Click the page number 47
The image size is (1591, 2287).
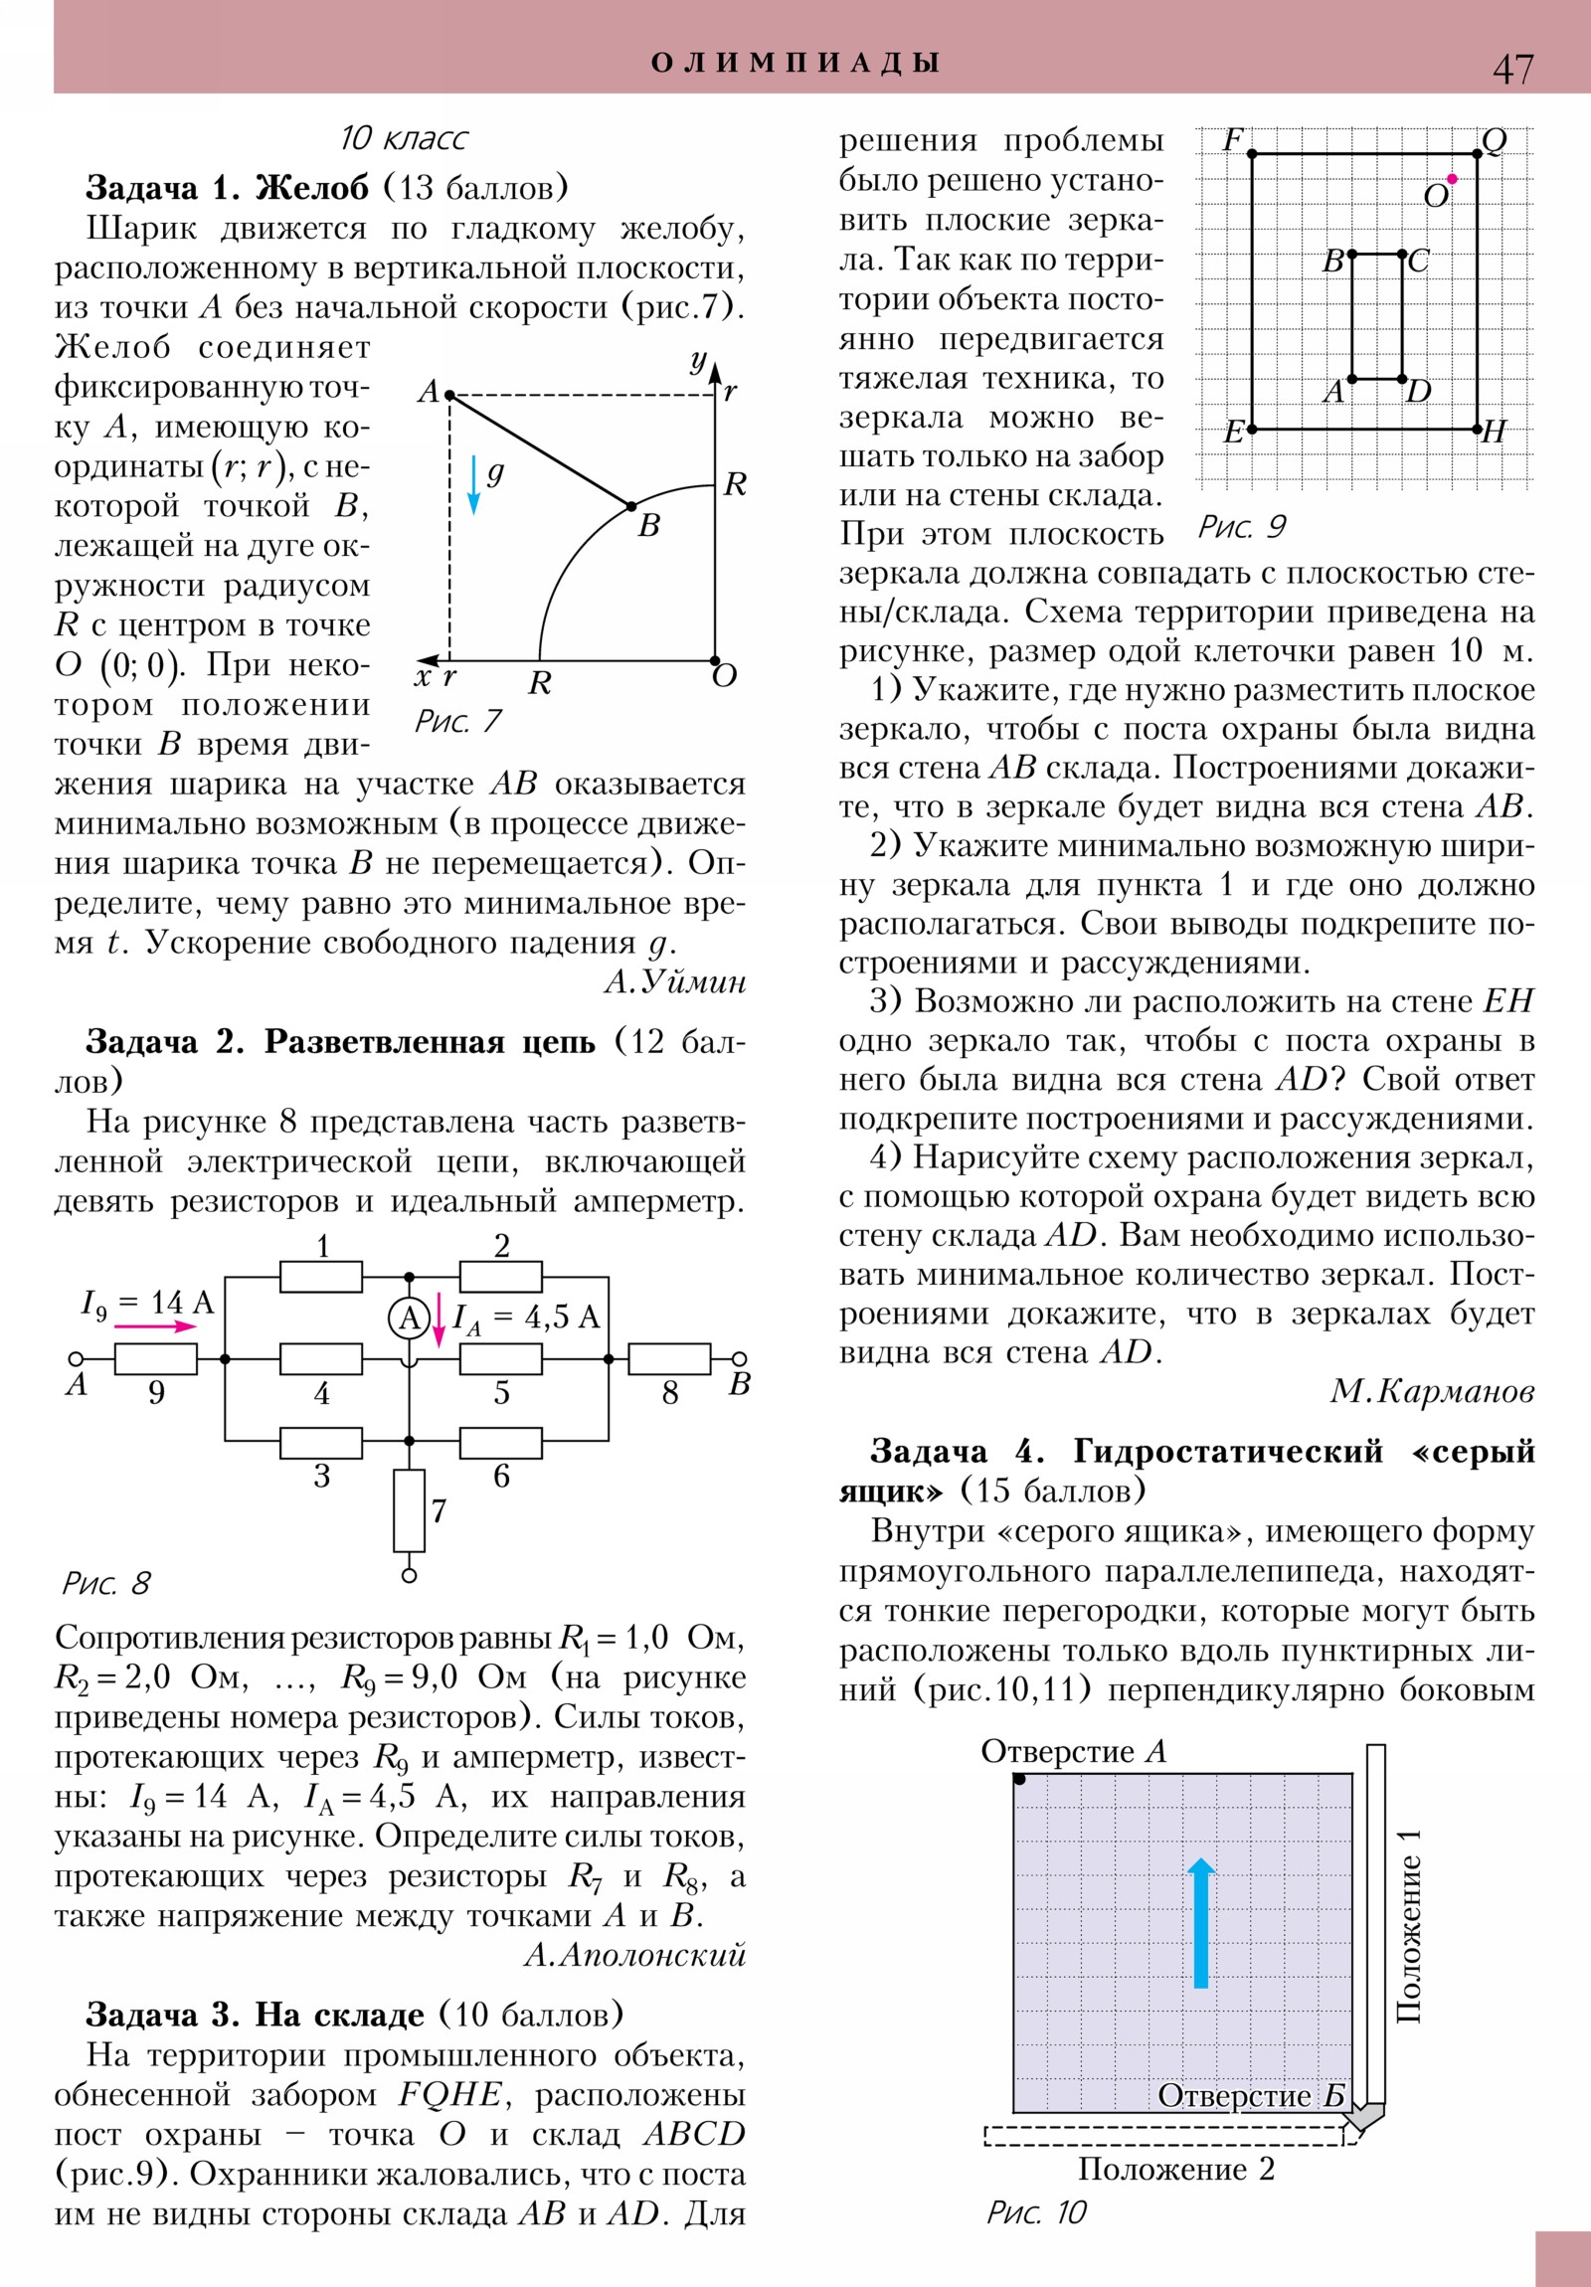(x=1512, y=69)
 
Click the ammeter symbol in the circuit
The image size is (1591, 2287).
(x=409, y=1319)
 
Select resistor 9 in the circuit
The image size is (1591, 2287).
(x=155, y=1358)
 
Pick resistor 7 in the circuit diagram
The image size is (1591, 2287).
(x=409, y=1510)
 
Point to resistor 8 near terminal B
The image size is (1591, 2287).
(x=669, y=1358)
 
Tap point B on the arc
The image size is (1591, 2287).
(x=630, y=507)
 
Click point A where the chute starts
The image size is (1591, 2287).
(x=449, y=396)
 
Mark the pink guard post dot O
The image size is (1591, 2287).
(x=1452, y=179)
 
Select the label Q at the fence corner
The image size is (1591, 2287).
(x=1495, y=141)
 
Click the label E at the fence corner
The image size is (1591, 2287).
(x=1233, y=433)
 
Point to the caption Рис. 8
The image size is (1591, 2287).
(x=105, y=1583)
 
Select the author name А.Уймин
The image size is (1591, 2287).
(x=674, y=982)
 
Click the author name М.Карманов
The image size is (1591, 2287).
(x=1432, y=1391)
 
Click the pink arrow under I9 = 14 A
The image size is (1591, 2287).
(x=155, y=1325)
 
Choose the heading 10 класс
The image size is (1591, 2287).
(x=404, y=137)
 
